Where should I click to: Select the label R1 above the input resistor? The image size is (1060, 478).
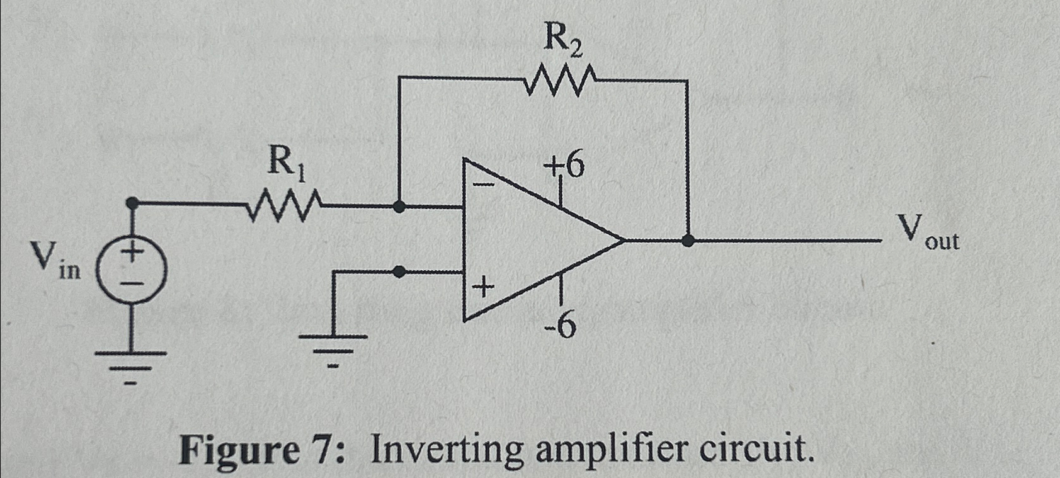pos(286,162)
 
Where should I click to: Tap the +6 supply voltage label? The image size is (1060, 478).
pos(564,167)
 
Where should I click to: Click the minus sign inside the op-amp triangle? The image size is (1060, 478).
pos(483,185)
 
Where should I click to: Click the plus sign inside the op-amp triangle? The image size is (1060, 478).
pos(483,289)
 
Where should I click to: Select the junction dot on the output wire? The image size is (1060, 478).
pos(688,240)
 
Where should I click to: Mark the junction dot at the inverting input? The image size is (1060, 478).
pos(399,206)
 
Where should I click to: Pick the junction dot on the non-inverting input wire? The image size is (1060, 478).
pos(399,271)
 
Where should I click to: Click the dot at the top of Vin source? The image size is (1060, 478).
pos(132,203)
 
